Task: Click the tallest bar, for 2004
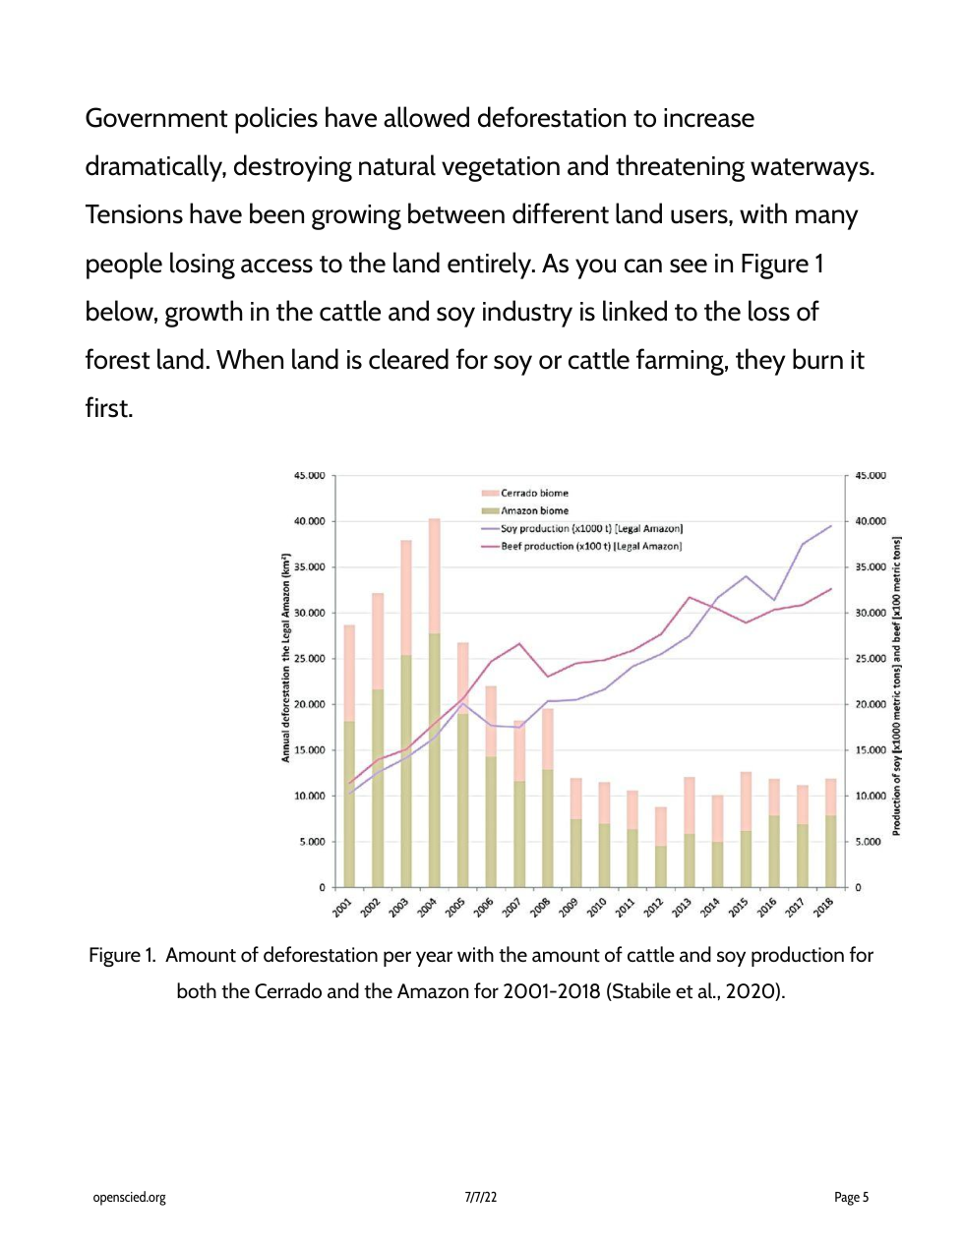tap(434, 703)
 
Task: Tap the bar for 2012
tap(661, 847)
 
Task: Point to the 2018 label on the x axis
tap(824, 907)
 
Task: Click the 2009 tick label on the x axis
tap(569, 907)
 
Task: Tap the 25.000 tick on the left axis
tap(309, 659)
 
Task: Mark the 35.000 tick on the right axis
tap(871, 567)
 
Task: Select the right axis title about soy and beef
tap(896, 685)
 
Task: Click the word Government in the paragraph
tap(156, 119)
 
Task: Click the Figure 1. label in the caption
tap(122, 956)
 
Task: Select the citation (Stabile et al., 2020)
tap(696, 991)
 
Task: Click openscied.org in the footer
tap(129, 1198)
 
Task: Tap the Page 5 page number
tap(851, 1198)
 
